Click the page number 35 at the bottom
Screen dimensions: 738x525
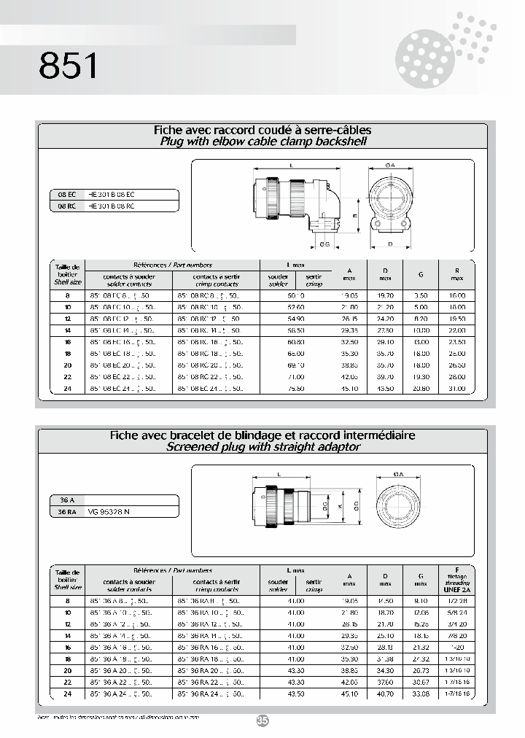click(262, 720)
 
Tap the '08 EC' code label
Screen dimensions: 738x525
click(67, 195)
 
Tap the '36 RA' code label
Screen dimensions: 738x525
click(67, 512)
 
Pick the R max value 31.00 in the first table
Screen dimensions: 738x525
click(456, 389)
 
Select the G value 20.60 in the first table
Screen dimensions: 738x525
click(421, 389)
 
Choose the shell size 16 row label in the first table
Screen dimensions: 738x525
click(67, 341)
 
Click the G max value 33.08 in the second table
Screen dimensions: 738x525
click(421, 694)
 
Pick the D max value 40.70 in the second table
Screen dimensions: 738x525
click(385, 694)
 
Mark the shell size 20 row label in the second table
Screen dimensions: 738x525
click(67, 670)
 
